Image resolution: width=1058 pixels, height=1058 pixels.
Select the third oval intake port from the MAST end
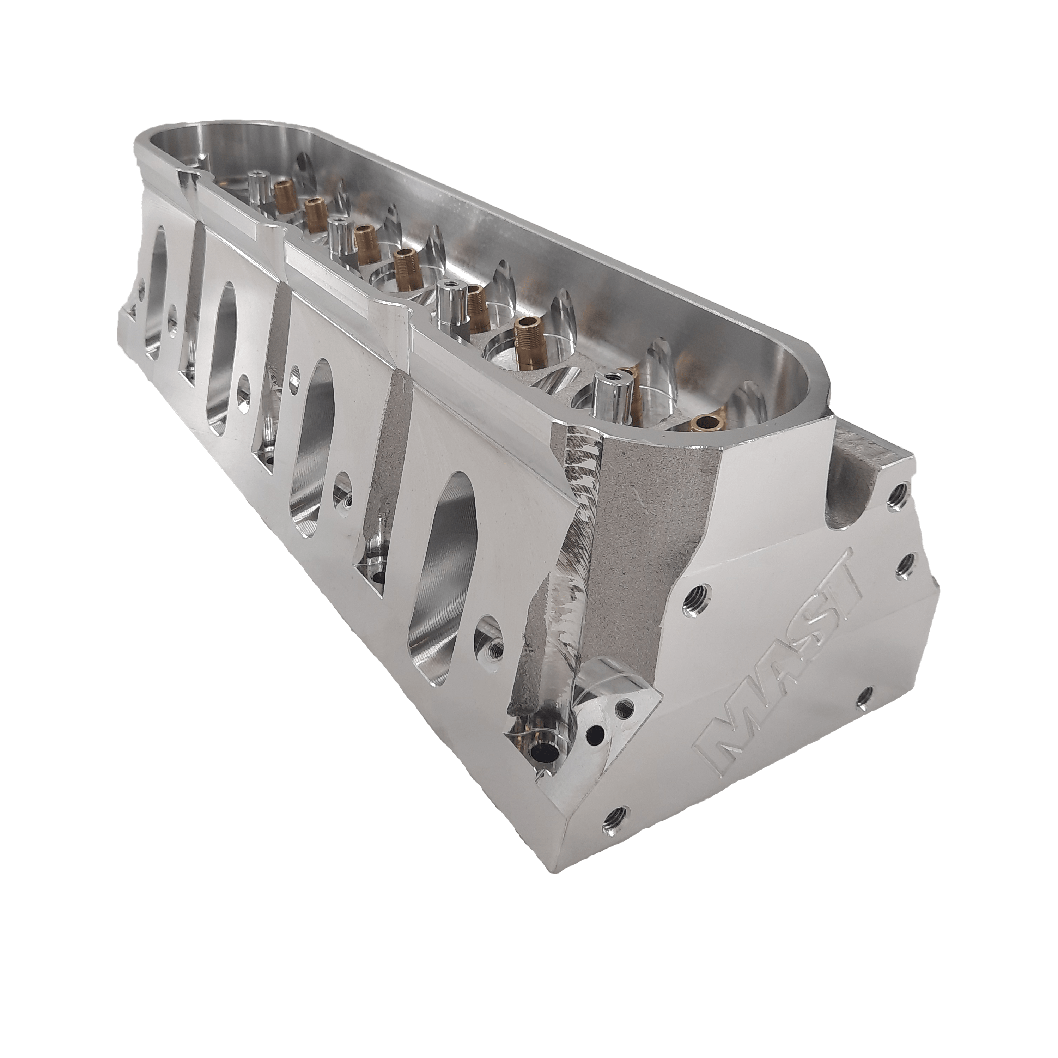[225, 361]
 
